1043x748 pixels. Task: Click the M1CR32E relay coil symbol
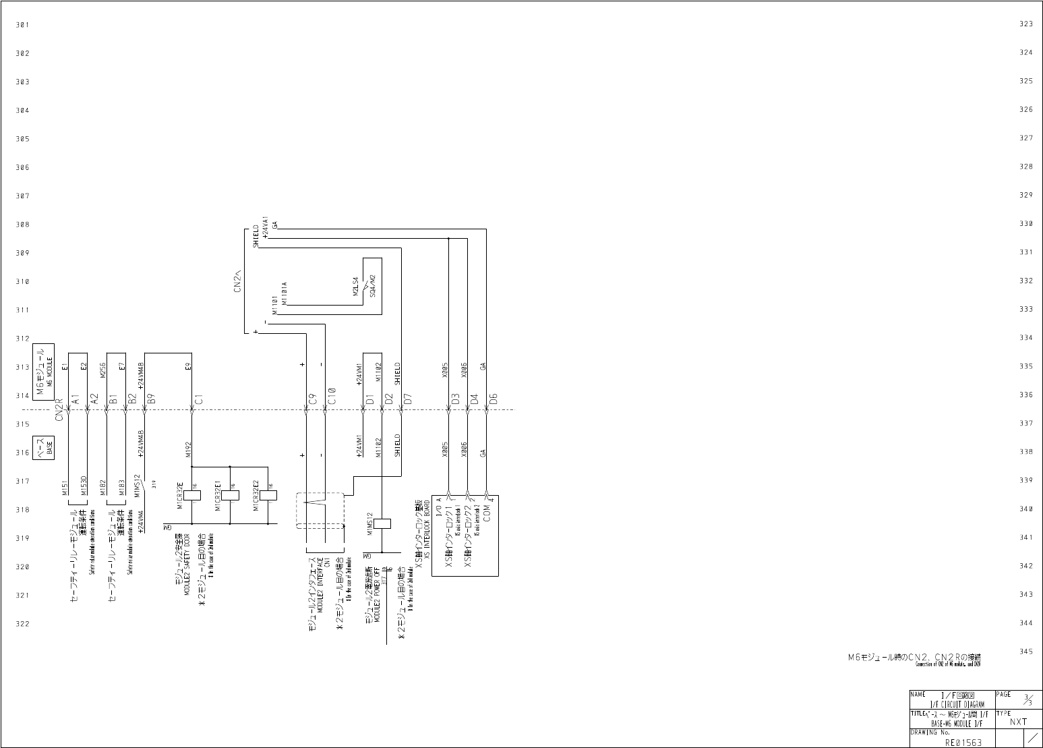pos(192,495)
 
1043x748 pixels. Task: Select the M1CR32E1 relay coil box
pos(231,495)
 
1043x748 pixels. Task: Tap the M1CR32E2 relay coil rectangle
pos(268,495)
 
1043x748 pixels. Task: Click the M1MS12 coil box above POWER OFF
pos(382,523)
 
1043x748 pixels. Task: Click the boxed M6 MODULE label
pos(45,370)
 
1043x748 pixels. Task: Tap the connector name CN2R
pos(59,409)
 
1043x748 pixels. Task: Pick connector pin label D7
pos(408,399)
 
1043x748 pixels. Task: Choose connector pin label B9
pos(152,399)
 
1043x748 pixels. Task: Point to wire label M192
pos(189,449)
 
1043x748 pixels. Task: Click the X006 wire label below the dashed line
pos(464,449)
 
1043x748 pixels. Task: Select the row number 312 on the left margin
pos(23,339)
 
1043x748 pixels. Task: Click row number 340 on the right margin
pos(1025,509)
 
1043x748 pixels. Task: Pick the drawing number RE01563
pos(963,742)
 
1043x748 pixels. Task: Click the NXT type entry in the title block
pos(1018,721)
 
